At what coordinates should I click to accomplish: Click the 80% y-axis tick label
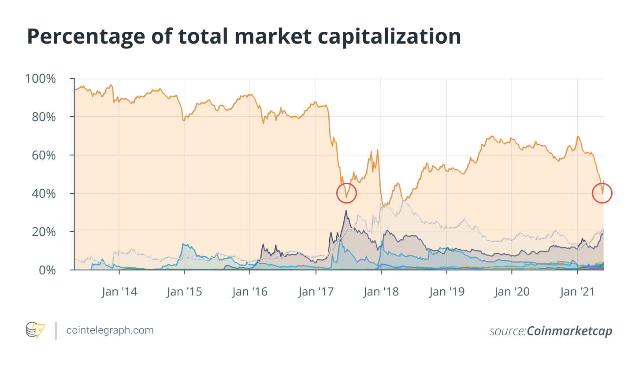pyautogui.click(x=44, y=117)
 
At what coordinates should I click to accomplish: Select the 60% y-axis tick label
pyautogui.click(x=44, y=155)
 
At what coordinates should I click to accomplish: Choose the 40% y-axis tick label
pyautogui.click(x=44, y=193)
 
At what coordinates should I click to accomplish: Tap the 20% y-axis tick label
pyautogui.click(x=44, y=232)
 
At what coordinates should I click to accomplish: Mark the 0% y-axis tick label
pyautogui.click(x=47, y=270)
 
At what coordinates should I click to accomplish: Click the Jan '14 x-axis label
pyautogui.click(x=119, y=292)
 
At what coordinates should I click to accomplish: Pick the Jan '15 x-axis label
pyautogui.click(x=184, y=292)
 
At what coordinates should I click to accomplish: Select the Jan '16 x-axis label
pyautogui.click(x=249, y=292)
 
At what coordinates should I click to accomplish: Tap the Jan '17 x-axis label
pyautogui.click(x=316, y=292)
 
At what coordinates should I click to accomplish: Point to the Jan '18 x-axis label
pyautogui.click(x=381, y=292)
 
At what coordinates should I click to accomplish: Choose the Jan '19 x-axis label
pyautogui.click(x=446, y=292)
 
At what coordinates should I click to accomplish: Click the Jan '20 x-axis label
pyautogui.click(x=512, y=292)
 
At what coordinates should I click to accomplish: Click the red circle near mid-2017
pyautogui.click(x=346, y=193)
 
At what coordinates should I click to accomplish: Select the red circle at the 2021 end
pyautogui.click(x=602, y=193)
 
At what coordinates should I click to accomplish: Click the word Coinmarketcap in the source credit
pyautogui.click(x=569, y=331)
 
